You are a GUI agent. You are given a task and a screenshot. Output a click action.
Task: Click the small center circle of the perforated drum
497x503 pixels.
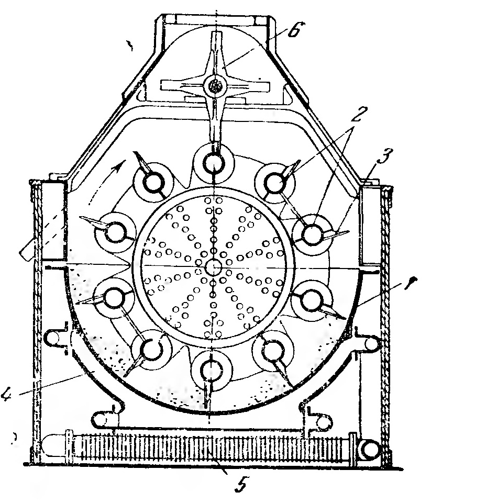213,266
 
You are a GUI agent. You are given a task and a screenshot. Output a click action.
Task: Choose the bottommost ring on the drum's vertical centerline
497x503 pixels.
212,369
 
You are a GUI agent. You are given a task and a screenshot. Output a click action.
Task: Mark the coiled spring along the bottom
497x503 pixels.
209,448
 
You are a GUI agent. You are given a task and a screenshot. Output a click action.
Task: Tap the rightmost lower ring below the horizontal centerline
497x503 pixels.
311,299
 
